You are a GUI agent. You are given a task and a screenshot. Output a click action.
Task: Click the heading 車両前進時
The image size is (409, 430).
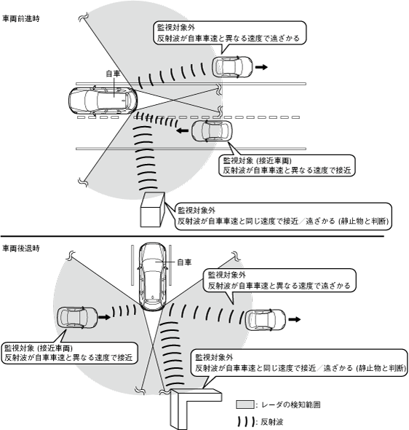(21, 19)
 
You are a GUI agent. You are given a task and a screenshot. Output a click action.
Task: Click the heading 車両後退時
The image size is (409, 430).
(21, 249)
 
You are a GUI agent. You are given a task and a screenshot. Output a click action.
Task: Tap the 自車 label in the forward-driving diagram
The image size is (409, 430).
(113, 74)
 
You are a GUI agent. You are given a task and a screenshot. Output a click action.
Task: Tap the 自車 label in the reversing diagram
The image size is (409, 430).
(184, 262)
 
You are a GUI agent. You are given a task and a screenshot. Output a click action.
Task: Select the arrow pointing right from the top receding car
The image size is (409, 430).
(261, 67)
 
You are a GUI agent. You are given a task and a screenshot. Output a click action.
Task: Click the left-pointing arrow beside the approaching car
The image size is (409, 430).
(182, 130)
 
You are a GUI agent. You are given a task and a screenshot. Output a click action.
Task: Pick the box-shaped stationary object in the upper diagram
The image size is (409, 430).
(153, 210)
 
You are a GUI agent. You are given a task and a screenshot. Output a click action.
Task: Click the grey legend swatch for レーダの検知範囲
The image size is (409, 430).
(245, 404)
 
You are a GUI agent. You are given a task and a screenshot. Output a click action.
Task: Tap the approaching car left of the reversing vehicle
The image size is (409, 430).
(77, 318)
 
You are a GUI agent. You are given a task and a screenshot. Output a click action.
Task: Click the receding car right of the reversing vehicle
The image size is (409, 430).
(265, 320)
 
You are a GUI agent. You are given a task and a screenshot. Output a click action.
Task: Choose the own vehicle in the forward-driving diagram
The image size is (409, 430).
(103, 101)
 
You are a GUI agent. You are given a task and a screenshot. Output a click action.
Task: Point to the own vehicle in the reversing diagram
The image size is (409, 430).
(153, 277)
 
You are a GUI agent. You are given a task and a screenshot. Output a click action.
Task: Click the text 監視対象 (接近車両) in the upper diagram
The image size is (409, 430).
(258, 160)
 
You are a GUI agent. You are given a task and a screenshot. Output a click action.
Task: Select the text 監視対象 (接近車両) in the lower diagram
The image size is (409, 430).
(39, 348)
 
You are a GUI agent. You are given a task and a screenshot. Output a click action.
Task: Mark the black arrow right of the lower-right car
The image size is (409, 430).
(295, 319)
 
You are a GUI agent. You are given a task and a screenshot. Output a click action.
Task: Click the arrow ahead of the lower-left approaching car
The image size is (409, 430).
(105, 317)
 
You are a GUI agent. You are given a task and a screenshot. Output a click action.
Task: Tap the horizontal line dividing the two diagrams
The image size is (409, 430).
(192, 236)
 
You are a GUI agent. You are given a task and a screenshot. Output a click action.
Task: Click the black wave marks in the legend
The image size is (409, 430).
(246, 422)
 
